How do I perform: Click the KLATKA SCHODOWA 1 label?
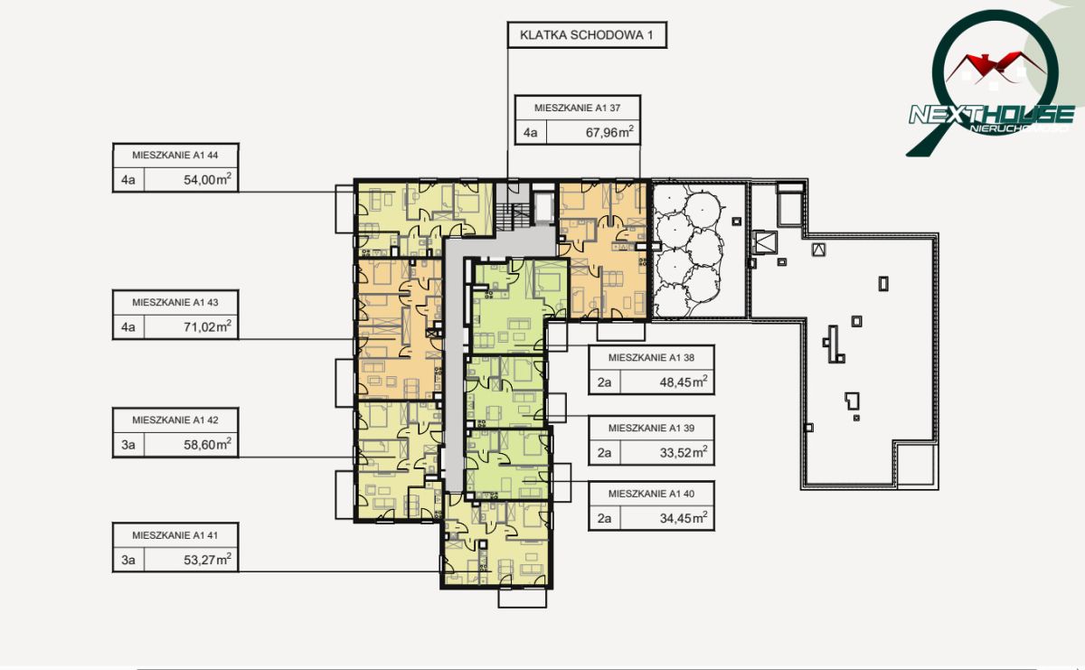pos(587,35)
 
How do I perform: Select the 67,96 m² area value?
pos(609,132)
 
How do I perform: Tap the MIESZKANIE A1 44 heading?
pos(175,155)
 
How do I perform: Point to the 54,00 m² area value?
pos(207,179)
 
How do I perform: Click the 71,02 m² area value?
pos(207,326)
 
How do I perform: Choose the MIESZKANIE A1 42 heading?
pos(175,420)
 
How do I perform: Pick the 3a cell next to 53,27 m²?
pos(128,560)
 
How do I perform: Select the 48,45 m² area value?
pos(684,382)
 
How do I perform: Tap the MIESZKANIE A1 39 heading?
pos(652,429)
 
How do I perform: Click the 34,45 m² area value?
pos(684,518)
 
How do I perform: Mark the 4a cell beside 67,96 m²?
pos(531,132)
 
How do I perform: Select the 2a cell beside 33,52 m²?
pos(605,453)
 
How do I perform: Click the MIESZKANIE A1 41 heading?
pos(175,535)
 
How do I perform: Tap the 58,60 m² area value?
pos(207,444)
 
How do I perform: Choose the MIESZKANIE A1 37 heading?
pos(578,108)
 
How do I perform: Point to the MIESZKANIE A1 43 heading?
pos(175,302)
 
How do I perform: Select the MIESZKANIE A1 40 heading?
pos(652,494)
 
